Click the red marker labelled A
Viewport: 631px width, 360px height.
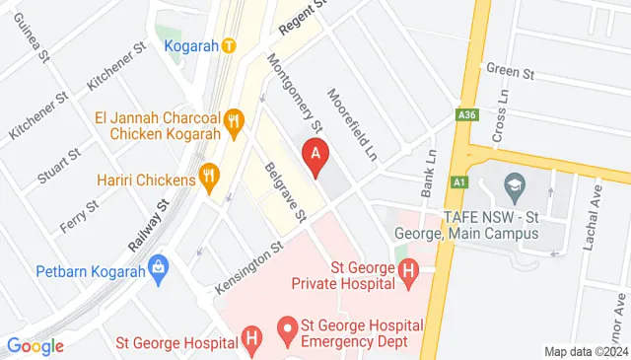point(315,155)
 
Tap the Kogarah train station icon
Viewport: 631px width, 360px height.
point(229,45)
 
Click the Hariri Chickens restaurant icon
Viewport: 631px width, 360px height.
point(208,179)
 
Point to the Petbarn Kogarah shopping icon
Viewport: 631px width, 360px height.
point(160,267)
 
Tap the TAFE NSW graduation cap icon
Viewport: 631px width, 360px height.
point(513,184)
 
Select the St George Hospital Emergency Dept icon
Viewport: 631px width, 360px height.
point(287,325)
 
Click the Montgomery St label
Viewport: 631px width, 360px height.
point(295,93)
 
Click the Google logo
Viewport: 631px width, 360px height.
point(35,346)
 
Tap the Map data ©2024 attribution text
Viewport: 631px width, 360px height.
point(586,352)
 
